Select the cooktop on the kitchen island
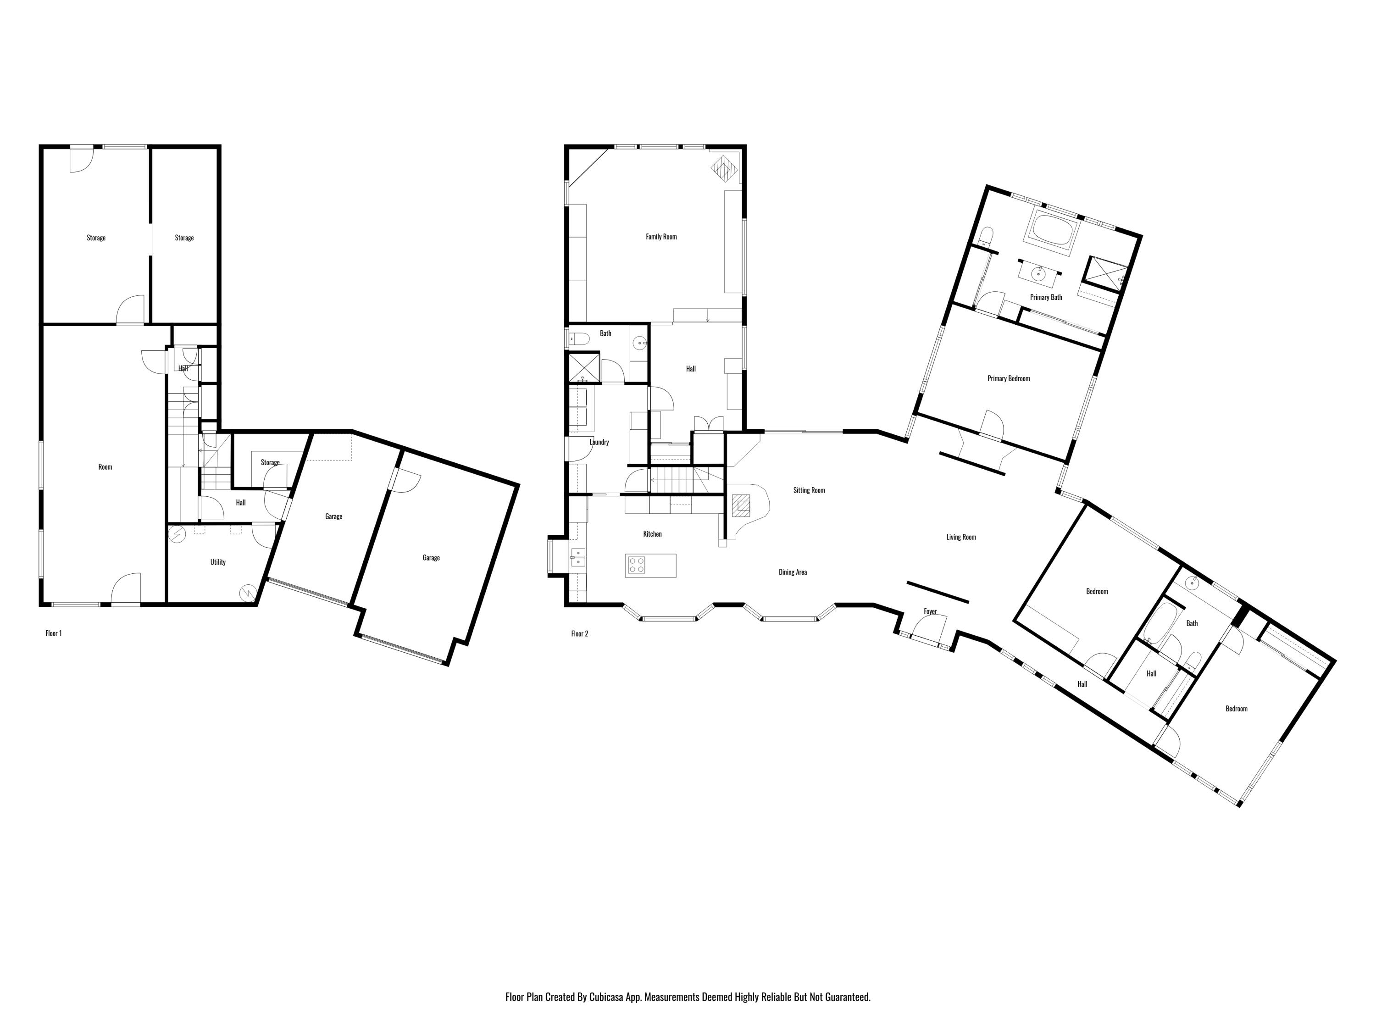point(636,565)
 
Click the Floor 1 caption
point(54,633)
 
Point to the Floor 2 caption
point(579,633)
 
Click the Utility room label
point(218,562)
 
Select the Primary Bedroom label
point(1008,378)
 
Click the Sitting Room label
point(809,490)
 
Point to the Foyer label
point(930,611)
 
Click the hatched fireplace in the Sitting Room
point(741,506)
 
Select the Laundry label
point(599,442)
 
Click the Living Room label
point(961,537)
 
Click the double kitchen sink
point(578,557)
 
